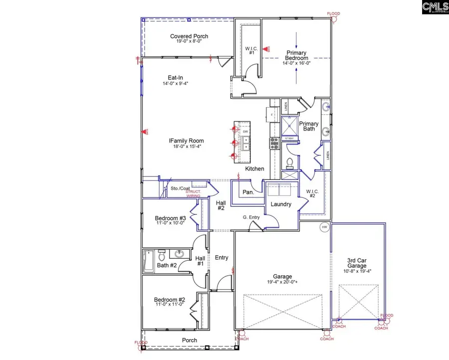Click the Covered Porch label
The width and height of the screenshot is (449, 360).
pyautogui.click(x=189, y=36)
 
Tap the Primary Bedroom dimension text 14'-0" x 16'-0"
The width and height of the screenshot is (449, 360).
pyautogui.click(x=296, y=63)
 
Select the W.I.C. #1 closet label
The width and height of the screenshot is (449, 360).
pyautogui.click(x=250, y=50)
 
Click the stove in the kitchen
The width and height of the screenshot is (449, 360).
pyautogui.click(x=274, y=143)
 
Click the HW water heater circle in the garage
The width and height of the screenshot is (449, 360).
pyautogui.click(x=324, y=227)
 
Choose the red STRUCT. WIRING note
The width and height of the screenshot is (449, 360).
pyautogui.click(x=193, y=194)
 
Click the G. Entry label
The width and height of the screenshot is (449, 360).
pyautogui.click(x=251, y=217)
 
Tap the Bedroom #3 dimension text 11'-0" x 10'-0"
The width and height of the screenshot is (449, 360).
pyautogui.click(x=170, y=223)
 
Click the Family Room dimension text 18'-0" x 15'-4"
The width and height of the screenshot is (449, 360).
pyautogui.click(x=186, y=147)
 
